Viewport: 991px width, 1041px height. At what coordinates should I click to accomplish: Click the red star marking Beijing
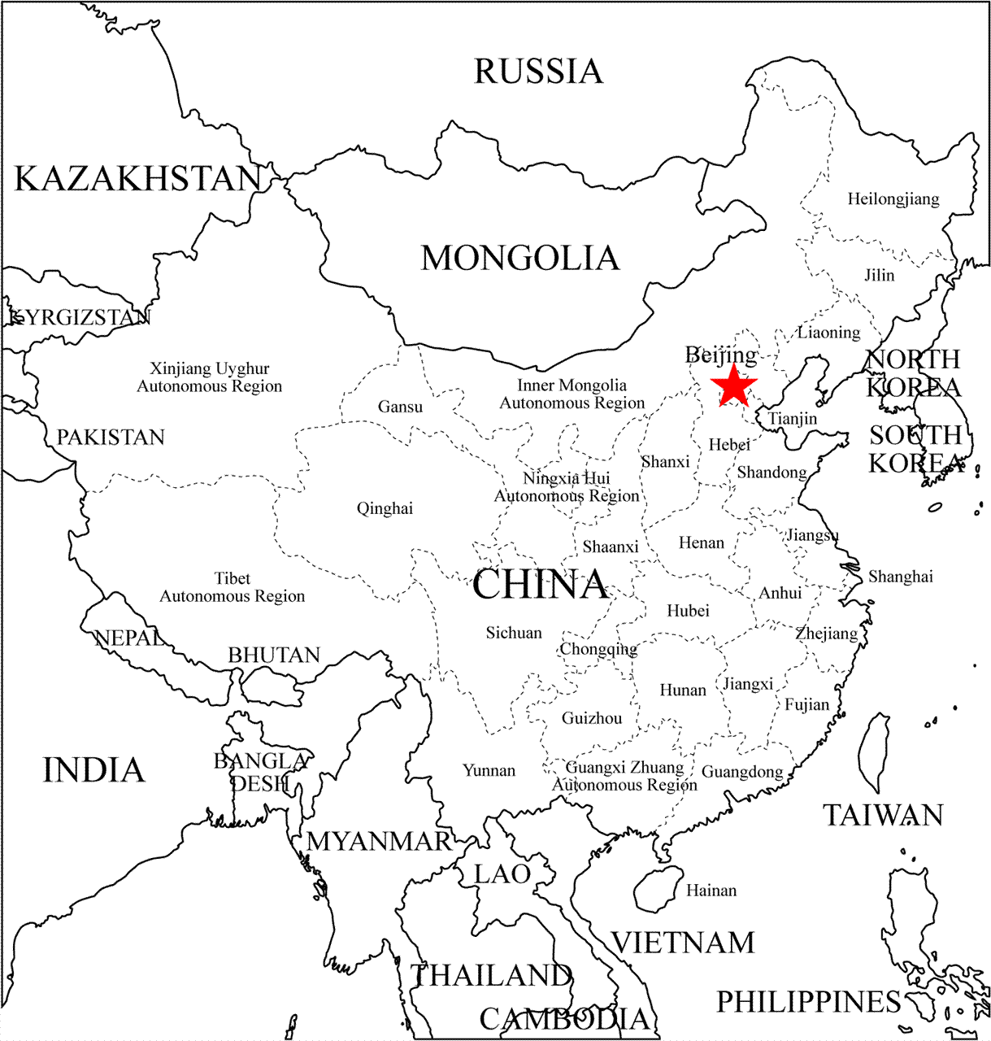pos(734,386)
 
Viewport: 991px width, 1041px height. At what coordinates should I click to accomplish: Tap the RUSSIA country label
pos(538,72)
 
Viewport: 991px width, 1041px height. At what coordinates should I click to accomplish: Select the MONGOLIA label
pos(520,259)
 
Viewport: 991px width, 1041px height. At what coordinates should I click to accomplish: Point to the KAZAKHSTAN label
pos(138,179)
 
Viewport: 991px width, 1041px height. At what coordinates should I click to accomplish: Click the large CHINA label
pos(540,585)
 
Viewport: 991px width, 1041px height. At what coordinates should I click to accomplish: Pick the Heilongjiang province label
pos(893,199)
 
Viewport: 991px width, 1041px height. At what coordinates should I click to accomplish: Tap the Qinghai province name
pos(385,509)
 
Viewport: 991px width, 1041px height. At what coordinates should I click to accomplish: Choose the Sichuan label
pos(514,633)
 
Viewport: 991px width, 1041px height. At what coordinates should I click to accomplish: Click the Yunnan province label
pos(489,770)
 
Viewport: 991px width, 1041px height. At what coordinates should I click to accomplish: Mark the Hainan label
pos(711,891)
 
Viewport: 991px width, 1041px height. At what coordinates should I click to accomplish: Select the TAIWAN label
pos(883,815)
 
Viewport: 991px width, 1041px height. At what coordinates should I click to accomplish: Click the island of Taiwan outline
pos(875,752)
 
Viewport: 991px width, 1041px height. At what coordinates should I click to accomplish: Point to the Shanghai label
pos(901,577)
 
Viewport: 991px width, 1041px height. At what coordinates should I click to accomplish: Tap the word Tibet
pos(233,578)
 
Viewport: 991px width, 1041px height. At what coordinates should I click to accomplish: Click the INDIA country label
pos(93,770)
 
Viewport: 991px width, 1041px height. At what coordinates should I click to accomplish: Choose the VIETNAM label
pos(683,943)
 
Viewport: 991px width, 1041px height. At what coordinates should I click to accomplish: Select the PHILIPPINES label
pos(808,1002)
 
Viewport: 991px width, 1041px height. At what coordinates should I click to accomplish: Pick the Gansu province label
pos(400,407)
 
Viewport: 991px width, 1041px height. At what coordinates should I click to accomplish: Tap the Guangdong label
pos(742,772)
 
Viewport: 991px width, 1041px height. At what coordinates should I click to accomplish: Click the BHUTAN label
pos(274,656)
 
